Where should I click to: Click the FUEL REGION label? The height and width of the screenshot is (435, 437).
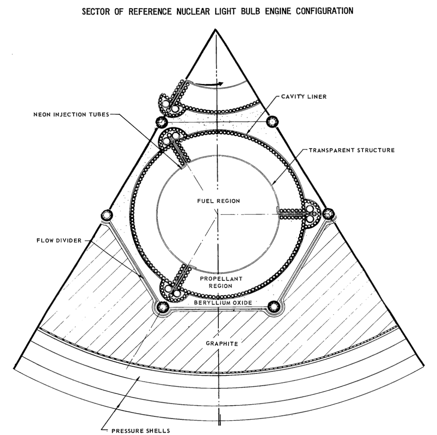[x=218, y=201]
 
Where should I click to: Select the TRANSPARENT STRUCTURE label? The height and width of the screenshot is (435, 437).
[x=351, y=150]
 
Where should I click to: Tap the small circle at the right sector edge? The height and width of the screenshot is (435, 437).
[x=328, y=213]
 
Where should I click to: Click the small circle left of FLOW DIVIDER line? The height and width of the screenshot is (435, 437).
[x=107, y=214]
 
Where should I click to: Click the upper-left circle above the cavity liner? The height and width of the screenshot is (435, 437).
[x=162, y=122]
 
